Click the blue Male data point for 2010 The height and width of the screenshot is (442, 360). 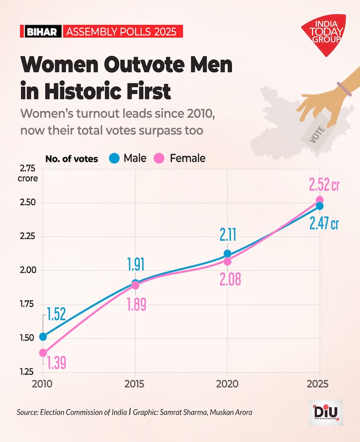pyautogui.click(x=43, y=336)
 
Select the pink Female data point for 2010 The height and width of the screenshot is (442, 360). pyautogui.click(x=43, y=353)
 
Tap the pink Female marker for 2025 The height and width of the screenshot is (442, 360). pyautogui.click(x=319, y=200)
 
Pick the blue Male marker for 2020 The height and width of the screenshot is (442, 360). pyautogui.click(x=228, y=253)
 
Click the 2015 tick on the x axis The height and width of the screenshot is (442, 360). pyautogui.click(x=135, y=384)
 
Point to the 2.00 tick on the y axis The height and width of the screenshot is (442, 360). pyautogui.click(x=28, y=270)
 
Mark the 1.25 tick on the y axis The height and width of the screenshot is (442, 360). pyautogui.click(x=28, y=372)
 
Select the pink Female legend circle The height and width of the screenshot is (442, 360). pyautogui.click(x=159, y=158)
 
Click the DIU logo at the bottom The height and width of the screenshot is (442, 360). pyautogui.click(x=326, y=412)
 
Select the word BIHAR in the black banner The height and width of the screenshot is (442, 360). pyautogui.click(x=42, y=32)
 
